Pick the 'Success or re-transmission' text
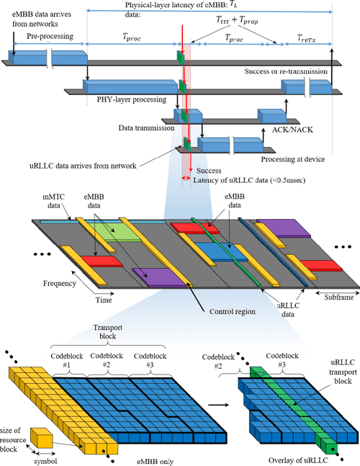(x=287, y=71)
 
